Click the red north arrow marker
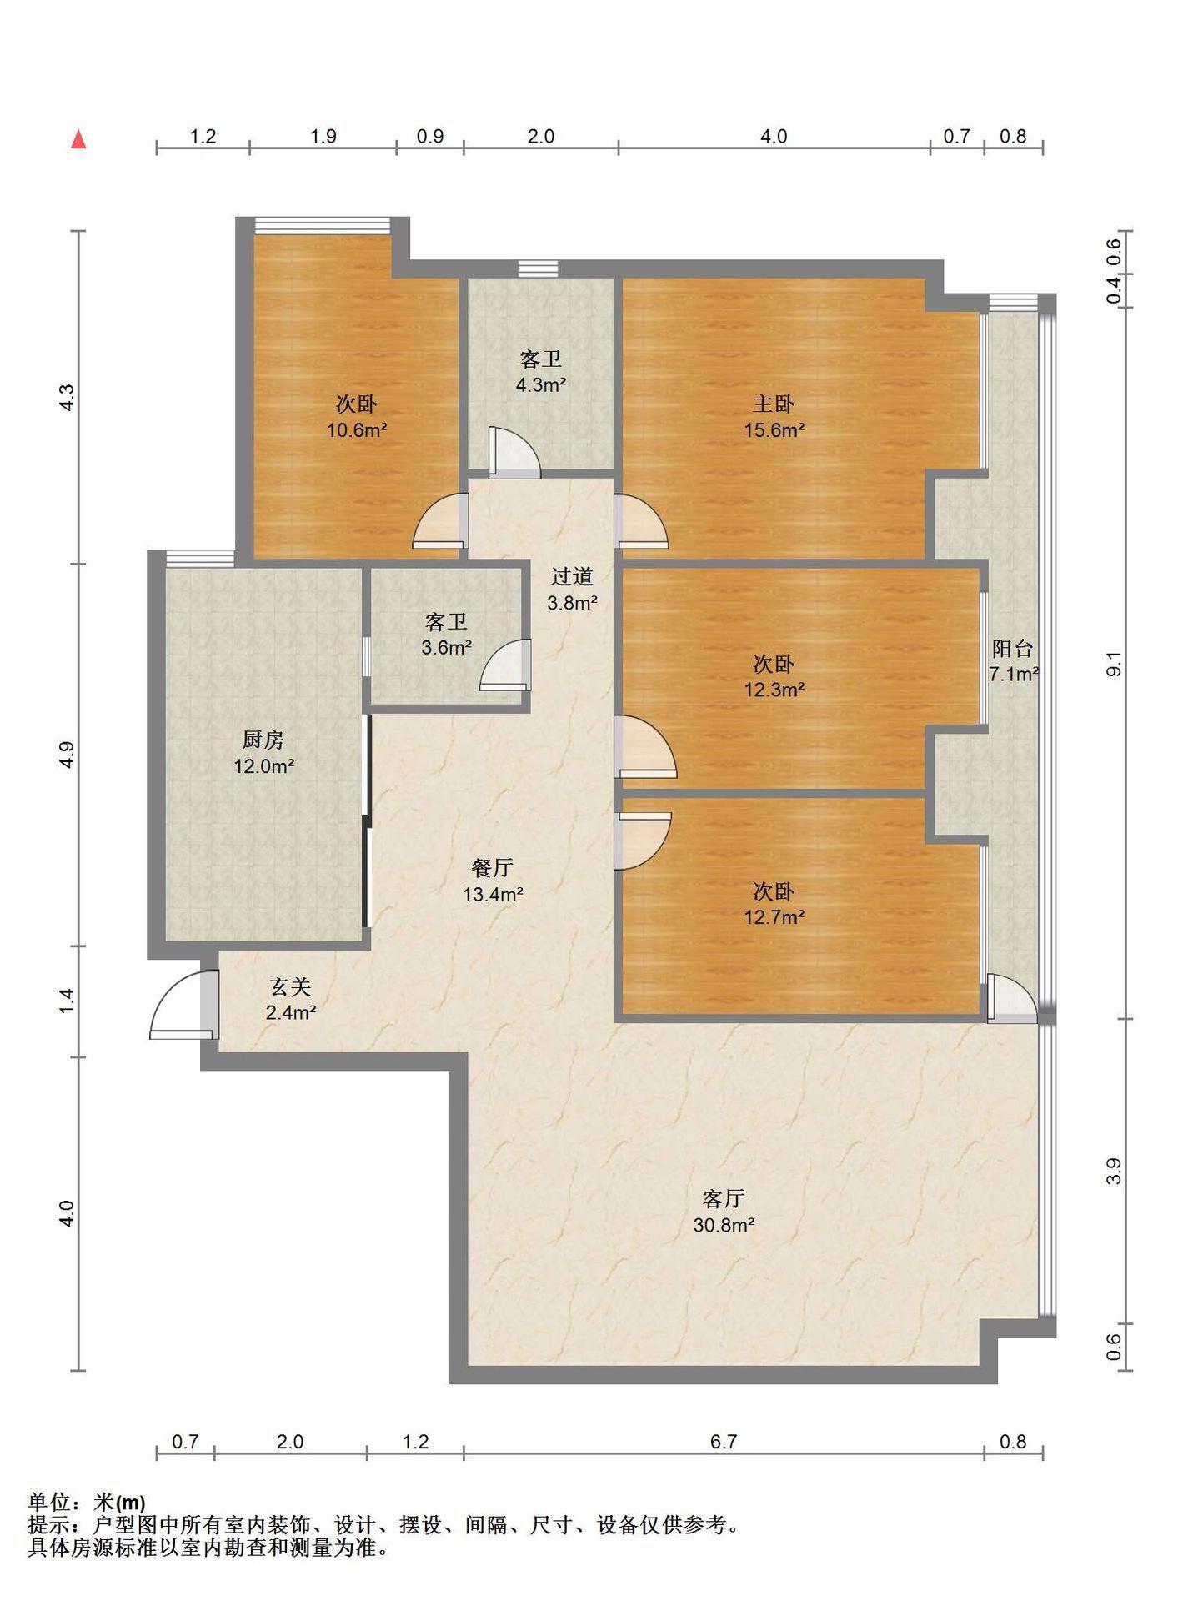pos(78,139)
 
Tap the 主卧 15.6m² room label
pos(774,417)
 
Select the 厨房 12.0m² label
pos(263,752)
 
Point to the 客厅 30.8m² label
pos(724,1212)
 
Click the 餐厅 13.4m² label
pos(493,881)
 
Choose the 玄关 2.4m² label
pos(290,1000)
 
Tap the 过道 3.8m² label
pos(572,589)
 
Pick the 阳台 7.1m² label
pos(1013,660)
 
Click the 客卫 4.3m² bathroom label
pos(540,372)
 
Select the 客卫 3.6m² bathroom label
pos(446,634)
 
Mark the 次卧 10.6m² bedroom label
pos(356,417)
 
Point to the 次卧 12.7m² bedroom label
pos(774,904)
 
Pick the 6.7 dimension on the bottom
pos(724,1441)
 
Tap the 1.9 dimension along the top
pos(323,136)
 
